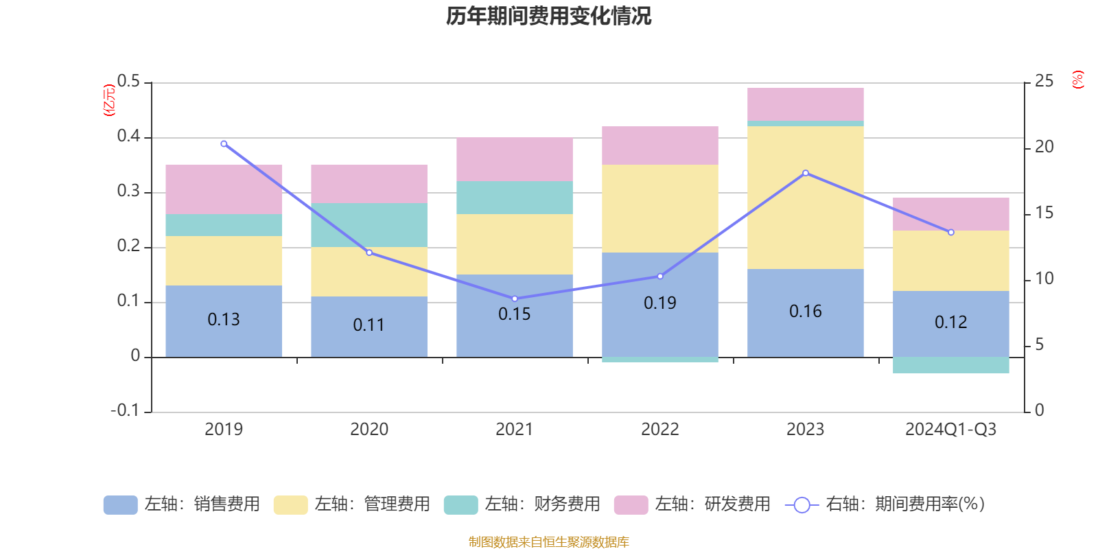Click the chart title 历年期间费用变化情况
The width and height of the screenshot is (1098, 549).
548,16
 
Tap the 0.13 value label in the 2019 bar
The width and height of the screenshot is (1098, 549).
224,320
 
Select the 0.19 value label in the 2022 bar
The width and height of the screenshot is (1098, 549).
660,303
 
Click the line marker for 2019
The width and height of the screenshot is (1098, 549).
224,144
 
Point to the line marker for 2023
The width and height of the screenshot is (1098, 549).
806,173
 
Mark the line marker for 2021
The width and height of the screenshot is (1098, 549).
515,299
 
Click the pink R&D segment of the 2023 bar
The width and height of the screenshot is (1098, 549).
806,104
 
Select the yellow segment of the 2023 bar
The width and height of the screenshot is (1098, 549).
806,198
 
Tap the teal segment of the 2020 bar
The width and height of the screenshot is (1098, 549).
369,225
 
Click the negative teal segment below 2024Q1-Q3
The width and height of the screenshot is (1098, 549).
951,365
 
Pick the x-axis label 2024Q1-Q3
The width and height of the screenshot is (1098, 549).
951,430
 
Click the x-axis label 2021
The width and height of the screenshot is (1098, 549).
515,430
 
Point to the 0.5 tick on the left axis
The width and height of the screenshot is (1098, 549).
128,82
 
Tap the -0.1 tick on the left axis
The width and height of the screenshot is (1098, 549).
125,410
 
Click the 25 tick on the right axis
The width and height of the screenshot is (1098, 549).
1044,82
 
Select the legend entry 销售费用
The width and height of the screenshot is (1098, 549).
183,504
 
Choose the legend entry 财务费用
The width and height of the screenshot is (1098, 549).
523,504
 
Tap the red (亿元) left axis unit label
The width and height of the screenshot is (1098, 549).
109,100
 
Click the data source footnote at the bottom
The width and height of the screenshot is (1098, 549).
548,542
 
